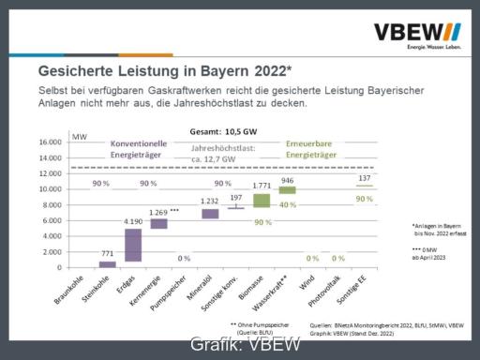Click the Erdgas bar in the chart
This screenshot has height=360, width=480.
click(133, 245)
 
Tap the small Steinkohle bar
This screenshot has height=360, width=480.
click(107, 264)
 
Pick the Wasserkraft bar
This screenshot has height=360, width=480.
click(287, 189)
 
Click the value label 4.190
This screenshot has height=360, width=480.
click(133, 222)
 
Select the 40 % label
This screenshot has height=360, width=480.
click(288, 204)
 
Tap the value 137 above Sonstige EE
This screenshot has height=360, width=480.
click(364, 178)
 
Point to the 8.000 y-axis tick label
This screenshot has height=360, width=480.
click(52, 205)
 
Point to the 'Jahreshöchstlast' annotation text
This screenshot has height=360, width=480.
click(222, 154)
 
